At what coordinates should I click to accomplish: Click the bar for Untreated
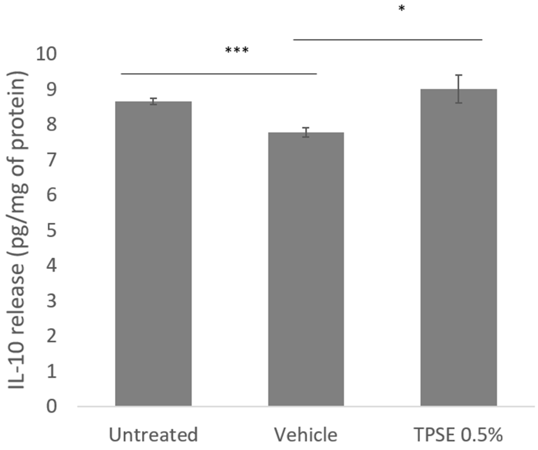pos(153,253)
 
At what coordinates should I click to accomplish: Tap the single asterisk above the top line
pos(402,9)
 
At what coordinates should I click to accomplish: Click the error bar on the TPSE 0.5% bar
pos(458,89)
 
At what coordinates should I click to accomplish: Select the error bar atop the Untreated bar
pos(153,101)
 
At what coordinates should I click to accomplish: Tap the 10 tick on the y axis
pos(46,54)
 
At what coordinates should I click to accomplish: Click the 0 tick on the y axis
pos(51,406)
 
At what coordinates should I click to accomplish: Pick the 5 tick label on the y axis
pos(51,230)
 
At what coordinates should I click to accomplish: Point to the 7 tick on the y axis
pos(51,160)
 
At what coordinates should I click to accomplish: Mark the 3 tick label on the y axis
pos(51,301)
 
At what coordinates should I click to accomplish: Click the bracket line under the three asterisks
pos(219,74)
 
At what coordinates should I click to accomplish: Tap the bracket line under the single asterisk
pos(388,40)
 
